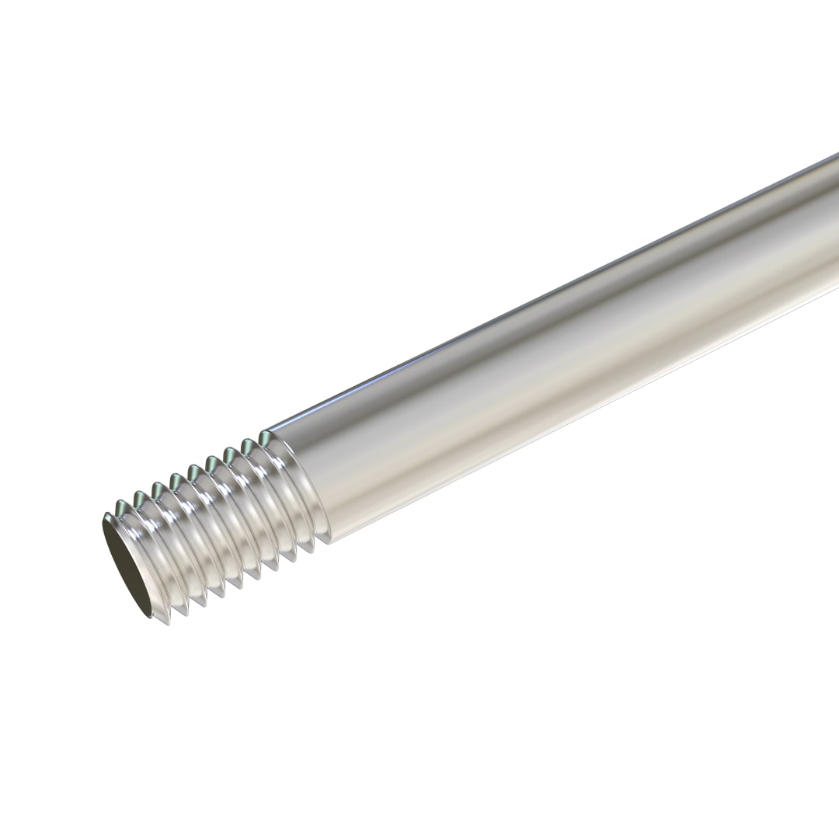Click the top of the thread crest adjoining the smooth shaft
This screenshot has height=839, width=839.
(x=266, y=433)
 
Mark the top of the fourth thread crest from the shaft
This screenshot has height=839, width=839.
(x=211, y=461)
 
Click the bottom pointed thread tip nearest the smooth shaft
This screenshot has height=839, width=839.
(x=308, y=553)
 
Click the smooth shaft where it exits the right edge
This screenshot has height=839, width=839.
(x=831, y=233)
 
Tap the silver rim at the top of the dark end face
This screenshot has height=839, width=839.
(x=117, y=513)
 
